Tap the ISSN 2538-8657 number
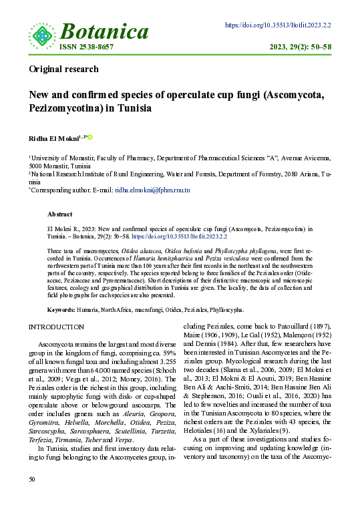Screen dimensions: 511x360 [x=86, y=47]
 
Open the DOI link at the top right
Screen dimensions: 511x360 [x=278, y=25]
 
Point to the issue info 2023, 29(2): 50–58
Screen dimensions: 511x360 [x=300, y=47]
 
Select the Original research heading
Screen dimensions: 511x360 [x=63, y=69]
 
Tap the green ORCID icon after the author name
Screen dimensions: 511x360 [x=90, y=138]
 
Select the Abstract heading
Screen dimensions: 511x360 [x=59, y=214]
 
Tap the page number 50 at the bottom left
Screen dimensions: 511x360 [x=32, y=498]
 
